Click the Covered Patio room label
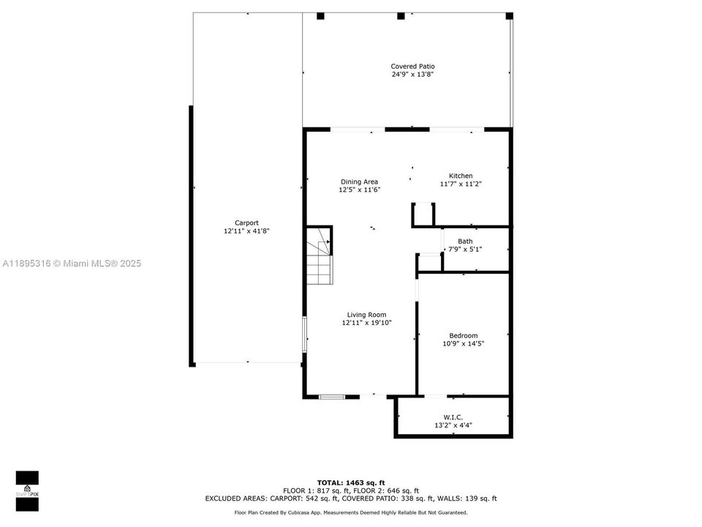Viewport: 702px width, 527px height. [x=412, y=66]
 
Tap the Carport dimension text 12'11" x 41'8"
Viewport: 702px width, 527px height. [x=246, y=231]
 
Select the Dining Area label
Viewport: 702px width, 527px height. [x=359, y=182]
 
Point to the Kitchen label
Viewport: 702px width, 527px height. [x=461, y=176]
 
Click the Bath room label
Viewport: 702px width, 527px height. [x=465, y=241]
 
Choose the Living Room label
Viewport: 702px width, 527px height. [x=366, y=315]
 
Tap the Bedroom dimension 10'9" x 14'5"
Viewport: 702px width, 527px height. [x=464, y=343]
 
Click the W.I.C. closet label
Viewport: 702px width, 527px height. [x=453, y=416]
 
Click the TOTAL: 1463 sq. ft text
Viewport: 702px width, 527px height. [x=351, y=482]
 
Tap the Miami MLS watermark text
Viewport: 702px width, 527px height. [x=72, y=263]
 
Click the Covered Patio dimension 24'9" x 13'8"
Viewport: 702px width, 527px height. [x=412, y=74]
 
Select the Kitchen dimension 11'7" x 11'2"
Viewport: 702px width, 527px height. [x=461, y=184]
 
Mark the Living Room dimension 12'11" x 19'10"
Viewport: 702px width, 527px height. [x=366, y=323]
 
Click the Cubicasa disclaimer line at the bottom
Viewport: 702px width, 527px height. [x=351, y=512]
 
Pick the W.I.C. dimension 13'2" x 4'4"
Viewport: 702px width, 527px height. [x=453, y=425]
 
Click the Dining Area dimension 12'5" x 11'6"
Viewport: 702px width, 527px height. [x=359, y=190]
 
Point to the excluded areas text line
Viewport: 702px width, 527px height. [x=351, y=498]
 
